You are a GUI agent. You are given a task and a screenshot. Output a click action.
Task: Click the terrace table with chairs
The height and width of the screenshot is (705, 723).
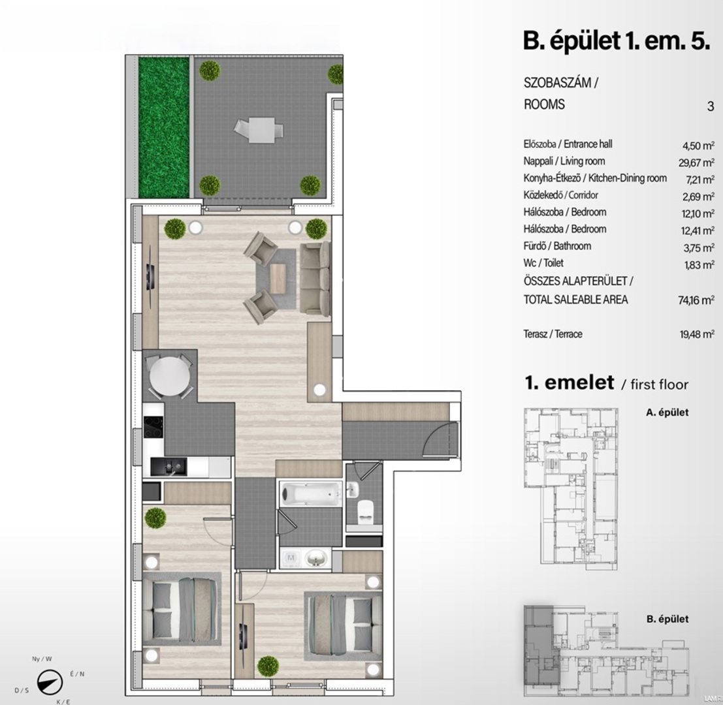(258, 130)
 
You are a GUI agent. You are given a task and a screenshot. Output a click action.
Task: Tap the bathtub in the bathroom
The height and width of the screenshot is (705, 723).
(310, 494)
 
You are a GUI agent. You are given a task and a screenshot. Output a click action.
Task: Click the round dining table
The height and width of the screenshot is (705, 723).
(169, 377)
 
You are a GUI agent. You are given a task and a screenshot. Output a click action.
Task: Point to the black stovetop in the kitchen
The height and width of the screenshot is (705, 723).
(153, 427)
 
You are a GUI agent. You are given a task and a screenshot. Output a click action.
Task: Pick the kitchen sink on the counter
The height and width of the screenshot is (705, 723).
(169, 467)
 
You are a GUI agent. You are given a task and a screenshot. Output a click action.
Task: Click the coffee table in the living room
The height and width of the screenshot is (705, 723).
(278, 278)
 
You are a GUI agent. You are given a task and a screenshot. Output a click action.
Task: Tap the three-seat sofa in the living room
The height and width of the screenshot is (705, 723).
(315, 279)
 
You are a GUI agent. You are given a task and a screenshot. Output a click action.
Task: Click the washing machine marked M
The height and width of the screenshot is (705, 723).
(291, 559)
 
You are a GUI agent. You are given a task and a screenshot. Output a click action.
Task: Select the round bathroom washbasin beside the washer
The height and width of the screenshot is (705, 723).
(316, 559)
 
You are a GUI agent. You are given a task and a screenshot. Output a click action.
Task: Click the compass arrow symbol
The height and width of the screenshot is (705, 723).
(50, 682)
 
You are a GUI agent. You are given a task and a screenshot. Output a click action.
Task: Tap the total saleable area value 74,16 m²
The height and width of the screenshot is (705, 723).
(696, 300)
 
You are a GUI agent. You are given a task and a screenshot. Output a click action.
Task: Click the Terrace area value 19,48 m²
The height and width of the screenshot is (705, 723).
(697, 334)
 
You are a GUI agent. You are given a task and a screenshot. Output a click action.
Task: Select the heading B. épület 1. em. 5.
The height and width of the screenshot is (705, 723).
(616, 41)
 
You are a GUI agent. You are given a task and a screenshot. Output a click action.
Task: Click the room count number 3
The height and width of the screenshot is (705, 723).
(711, 106)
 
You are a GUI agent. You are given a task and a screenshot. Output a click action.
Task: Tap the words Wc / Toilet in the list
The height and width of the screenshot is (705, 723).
(543, 263)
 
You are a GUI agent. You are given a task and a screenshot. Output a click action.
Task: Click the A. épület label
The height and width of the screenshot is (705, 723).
(667, 413)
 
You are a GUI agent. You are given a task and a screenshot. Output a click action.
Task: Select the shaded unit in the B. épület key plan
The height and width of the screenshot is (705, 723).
(541, 644)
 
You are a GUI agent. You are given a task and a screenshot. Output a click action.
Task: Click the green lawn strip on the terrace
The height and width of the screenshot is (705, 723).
(164, 127)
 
